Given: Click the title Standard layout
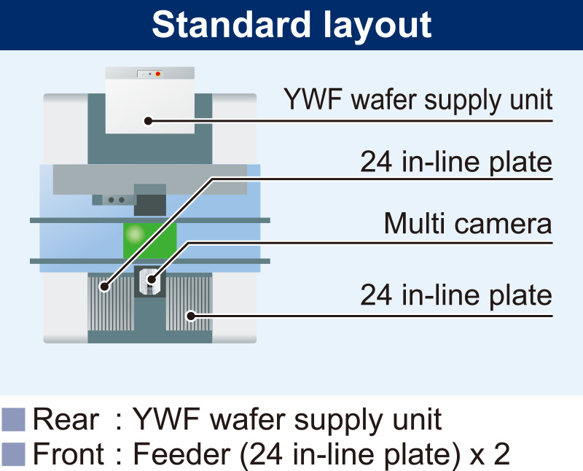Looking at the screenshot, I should pyautogui.click(x=291, y=25).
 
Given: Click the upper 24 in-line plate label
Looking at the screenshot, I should pyautogui.click(x=456, y=163).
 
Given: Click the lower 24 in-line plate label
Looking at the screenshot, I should pyautogui.click(x=456, y=297).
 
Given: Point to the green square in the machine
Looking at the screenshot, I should pyautogui.click(x=149, y=240).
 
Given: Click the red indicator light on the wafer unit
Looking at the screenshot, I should pyautogui.click(x=158, y=74).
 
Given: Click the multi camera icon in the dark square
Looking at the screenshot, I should pyautogui.click(x=150, y=281).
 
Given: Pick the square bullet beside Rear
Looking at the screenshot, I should pyautogui.click(x=13, y=419).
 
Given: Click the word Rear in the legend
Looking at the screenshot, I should pyautogui.click(x=66, y=419).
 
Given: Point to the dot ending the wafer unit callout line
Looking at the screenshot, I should pyautogui.click(x=147, y=121).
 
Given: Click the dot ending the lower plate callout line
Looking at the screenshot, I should pyautogui.click(x=191, y=316).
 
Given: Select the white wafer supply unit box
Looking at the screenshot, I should pyautogui.click(x=149, y=102).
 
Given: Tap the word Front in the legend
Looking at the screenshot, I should pyautogui.click(x=70, y=454).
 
